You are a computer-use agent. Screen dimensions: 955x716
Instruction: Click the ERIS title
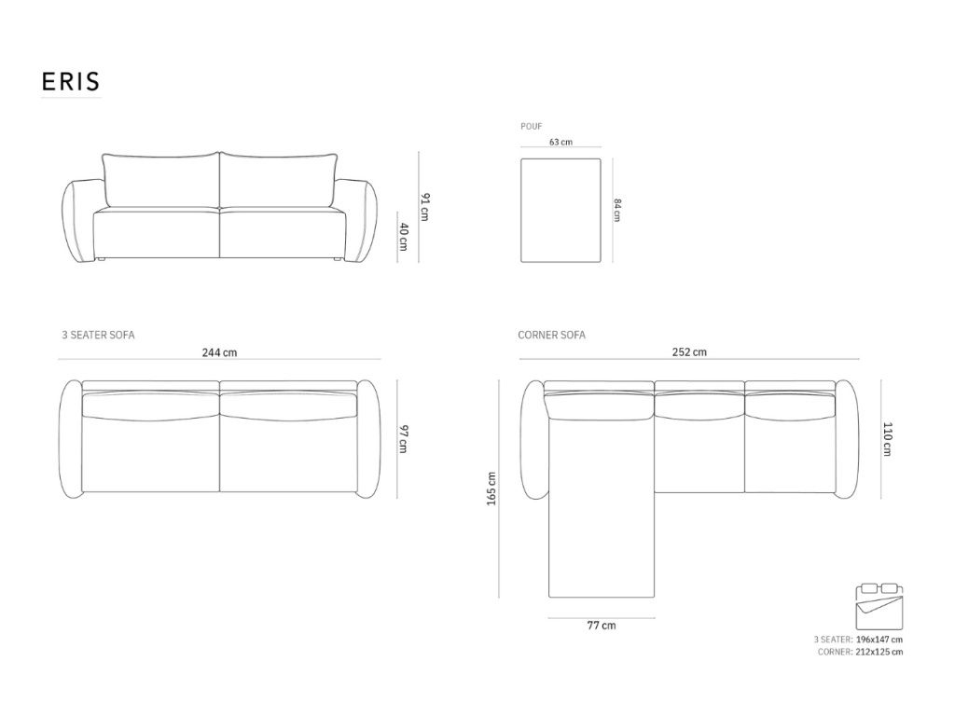click(70, 82)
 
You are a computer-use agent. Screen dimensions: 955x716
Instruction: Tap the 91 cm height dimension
click(425, 207)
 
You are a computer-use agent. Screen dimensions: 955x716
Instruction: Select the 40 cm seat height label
click(404, 237)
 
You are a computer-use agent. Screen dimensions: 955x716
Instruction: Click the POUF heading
click(531, 127)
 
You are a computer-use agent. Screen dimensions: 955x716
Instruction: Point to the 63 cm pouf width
click(561, 142)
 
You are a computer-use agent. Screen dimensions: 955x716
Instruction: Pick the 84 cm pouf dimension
click(617, 210)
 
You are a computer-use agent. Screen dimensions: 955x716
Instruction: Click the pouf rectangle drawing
click(561, 210)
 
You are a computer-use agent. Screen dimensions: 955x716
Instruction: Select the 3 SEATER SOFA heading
click(98, 335)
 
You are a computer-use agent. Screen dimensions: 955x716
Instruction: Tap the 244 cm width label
click(219, 352)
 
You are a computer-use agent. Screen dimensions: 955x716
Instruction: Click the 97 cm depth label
click(403, 439)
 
